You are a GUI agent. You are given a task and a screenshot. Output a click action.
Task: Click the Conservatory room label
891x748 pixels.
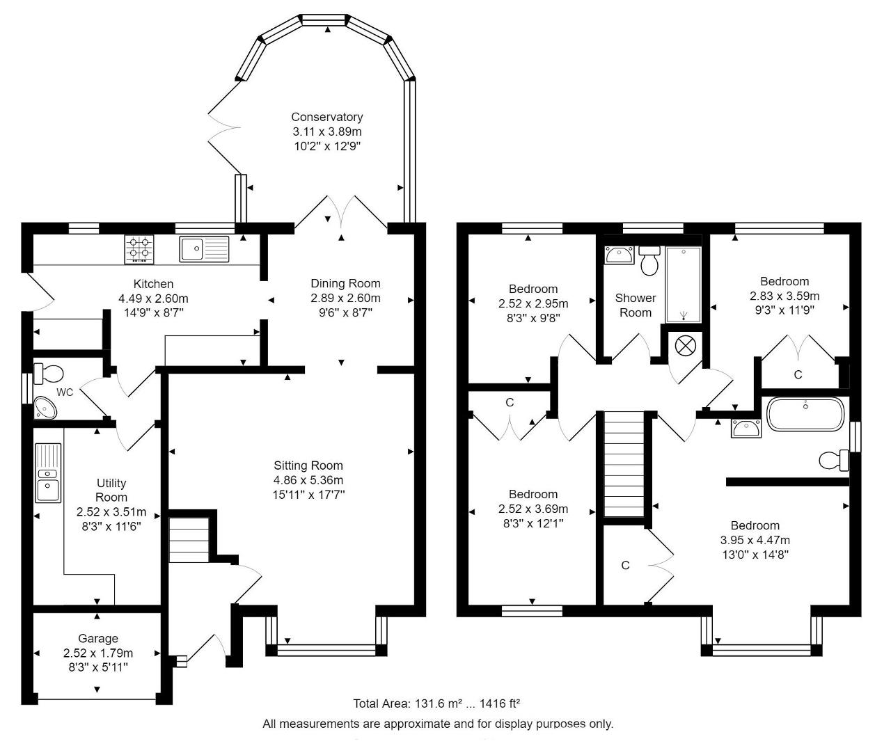pos(327,117)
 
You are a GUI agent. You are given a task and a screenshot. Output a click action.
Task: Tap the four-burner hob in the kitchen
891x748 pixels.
pos(139,250)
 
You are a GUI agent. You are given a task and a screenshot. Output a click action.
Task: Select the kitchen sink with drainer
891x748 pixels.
pos(204,249)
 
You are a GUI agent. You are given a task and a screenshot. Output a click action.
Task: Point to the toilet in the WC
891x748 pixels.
pos(48,374)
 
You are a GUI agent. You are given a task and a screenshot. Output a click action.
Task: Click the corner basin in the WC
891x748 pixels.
pos(45,408)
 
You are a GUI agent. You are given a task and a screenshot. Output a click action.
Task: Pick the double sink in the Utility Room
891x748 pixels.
pos(49,472)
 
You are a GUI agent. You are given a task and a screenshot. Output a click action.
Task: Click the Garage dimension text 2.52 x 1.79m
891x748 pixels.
pos(97,653)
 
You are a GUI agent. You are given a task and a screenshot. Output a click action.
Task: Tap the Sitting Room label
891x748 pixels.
pos(308,465)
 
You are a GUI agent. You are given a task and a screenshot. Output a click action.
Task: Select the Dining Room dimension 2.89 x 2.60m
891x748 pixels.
pos(345,298)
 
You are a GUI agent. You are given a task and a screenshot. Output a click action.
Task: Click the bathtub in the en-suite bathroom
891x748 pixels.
pos(805,414)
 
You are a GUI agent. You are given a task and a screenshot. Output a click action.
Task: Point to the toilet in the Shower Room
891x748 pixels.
pos(649,260)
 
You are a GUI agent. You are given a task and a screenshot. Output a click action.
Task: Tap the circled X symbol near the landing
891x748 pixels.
pos(686,344)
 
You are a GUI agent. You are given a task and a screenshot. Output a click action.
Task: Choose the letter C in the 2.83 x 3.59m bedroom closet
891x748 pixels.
pos(798,374)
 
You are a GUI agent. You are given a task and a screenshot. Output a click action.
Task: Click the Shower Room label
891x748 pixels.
pos(636,305)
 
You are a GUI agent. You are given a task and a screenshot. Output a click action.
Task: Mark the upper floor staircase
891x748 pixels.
pos(624,464)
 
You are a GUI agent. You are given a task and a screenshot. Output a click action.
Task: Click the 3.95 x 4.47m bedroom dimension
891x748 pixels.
pos(755,540)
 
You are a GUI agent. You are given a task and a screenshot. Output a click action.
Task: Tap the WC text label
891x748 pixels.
pos(65,392)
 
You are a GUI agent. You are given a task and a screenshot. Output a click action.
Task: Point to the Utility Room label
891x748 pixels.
pos(111,490)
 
